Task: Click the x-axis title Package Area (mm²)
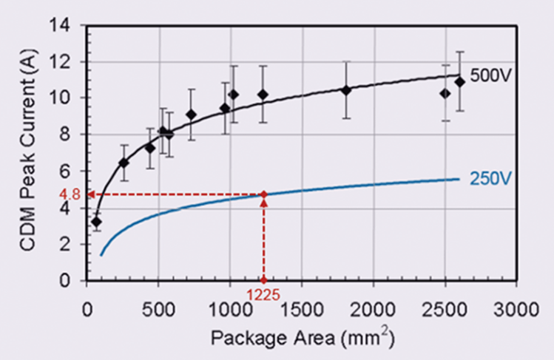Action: pyautogui.click(x=302, y=339)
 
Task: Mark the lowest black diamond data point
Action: pyautogui.click(x=96, y=222)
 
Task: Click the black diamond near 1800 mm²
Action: pyautogui.click(x=346, y=90)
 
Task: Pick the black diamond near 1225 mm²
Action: pyautogui.click(x=263, y=95)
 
